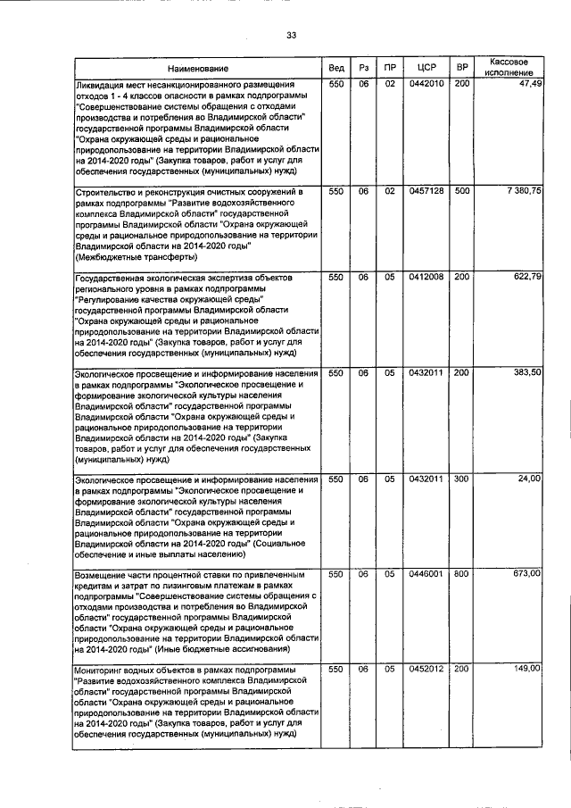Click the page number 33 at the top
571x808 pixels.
[x=291, y=35]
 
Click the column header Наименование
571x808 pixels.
[x=197, y=68]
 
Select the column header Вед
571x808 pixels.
[x=336, y=68]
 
